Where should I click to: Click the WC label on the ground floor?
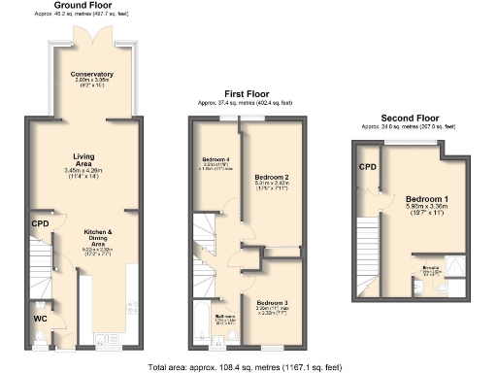coord(40,317)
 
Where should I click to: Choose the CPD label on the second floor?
coord(367,166)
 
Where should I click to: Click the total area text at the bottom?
coord(245,367)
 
